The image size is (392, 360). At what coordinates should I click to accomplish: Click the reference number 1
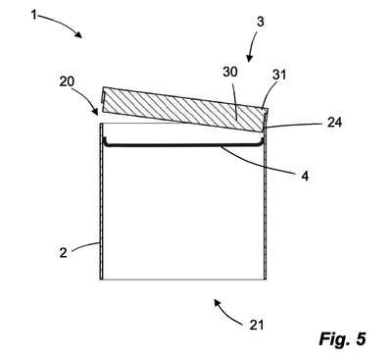point(33,15)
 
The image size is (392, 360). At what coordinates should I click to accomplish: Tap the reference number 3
point(261,22)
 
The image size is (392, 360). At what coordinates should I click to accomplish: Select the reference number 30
point(230,72)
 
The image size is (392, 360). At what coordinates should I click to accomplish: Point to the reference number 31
point(279,75)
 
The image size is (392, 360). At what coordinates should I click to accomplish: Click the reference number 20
point(67,81)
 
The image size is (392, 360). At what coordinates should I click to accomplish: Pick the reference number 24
point(334,123)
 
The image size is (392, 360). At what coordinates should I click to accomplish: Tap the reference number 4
point(305,177)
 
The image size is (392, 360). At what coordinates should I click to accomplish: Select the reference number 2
point(63,252)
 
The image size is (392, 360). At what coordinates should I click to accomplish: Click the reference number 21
point(257,325)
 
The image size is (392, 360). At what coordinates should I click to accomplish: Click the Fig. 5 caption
point(342,338)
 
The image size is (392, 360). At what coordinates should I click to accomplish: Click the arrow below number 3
point(252,46)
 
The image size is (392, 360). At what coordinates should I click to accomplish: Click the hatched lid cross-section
point(185,109)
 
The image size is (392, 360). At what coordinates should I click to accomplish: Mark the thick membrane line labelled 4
point(183,146)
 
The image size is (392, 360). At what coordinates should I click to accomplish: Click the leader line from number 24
point(294,126)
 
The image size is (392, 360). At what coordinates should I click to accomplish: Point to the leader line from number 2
point(85,245)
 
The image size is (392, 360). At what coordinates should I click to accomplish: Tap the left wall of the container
point(101,201)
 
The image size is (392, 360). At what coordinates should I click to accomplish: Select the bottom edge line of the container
point(183,280)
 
